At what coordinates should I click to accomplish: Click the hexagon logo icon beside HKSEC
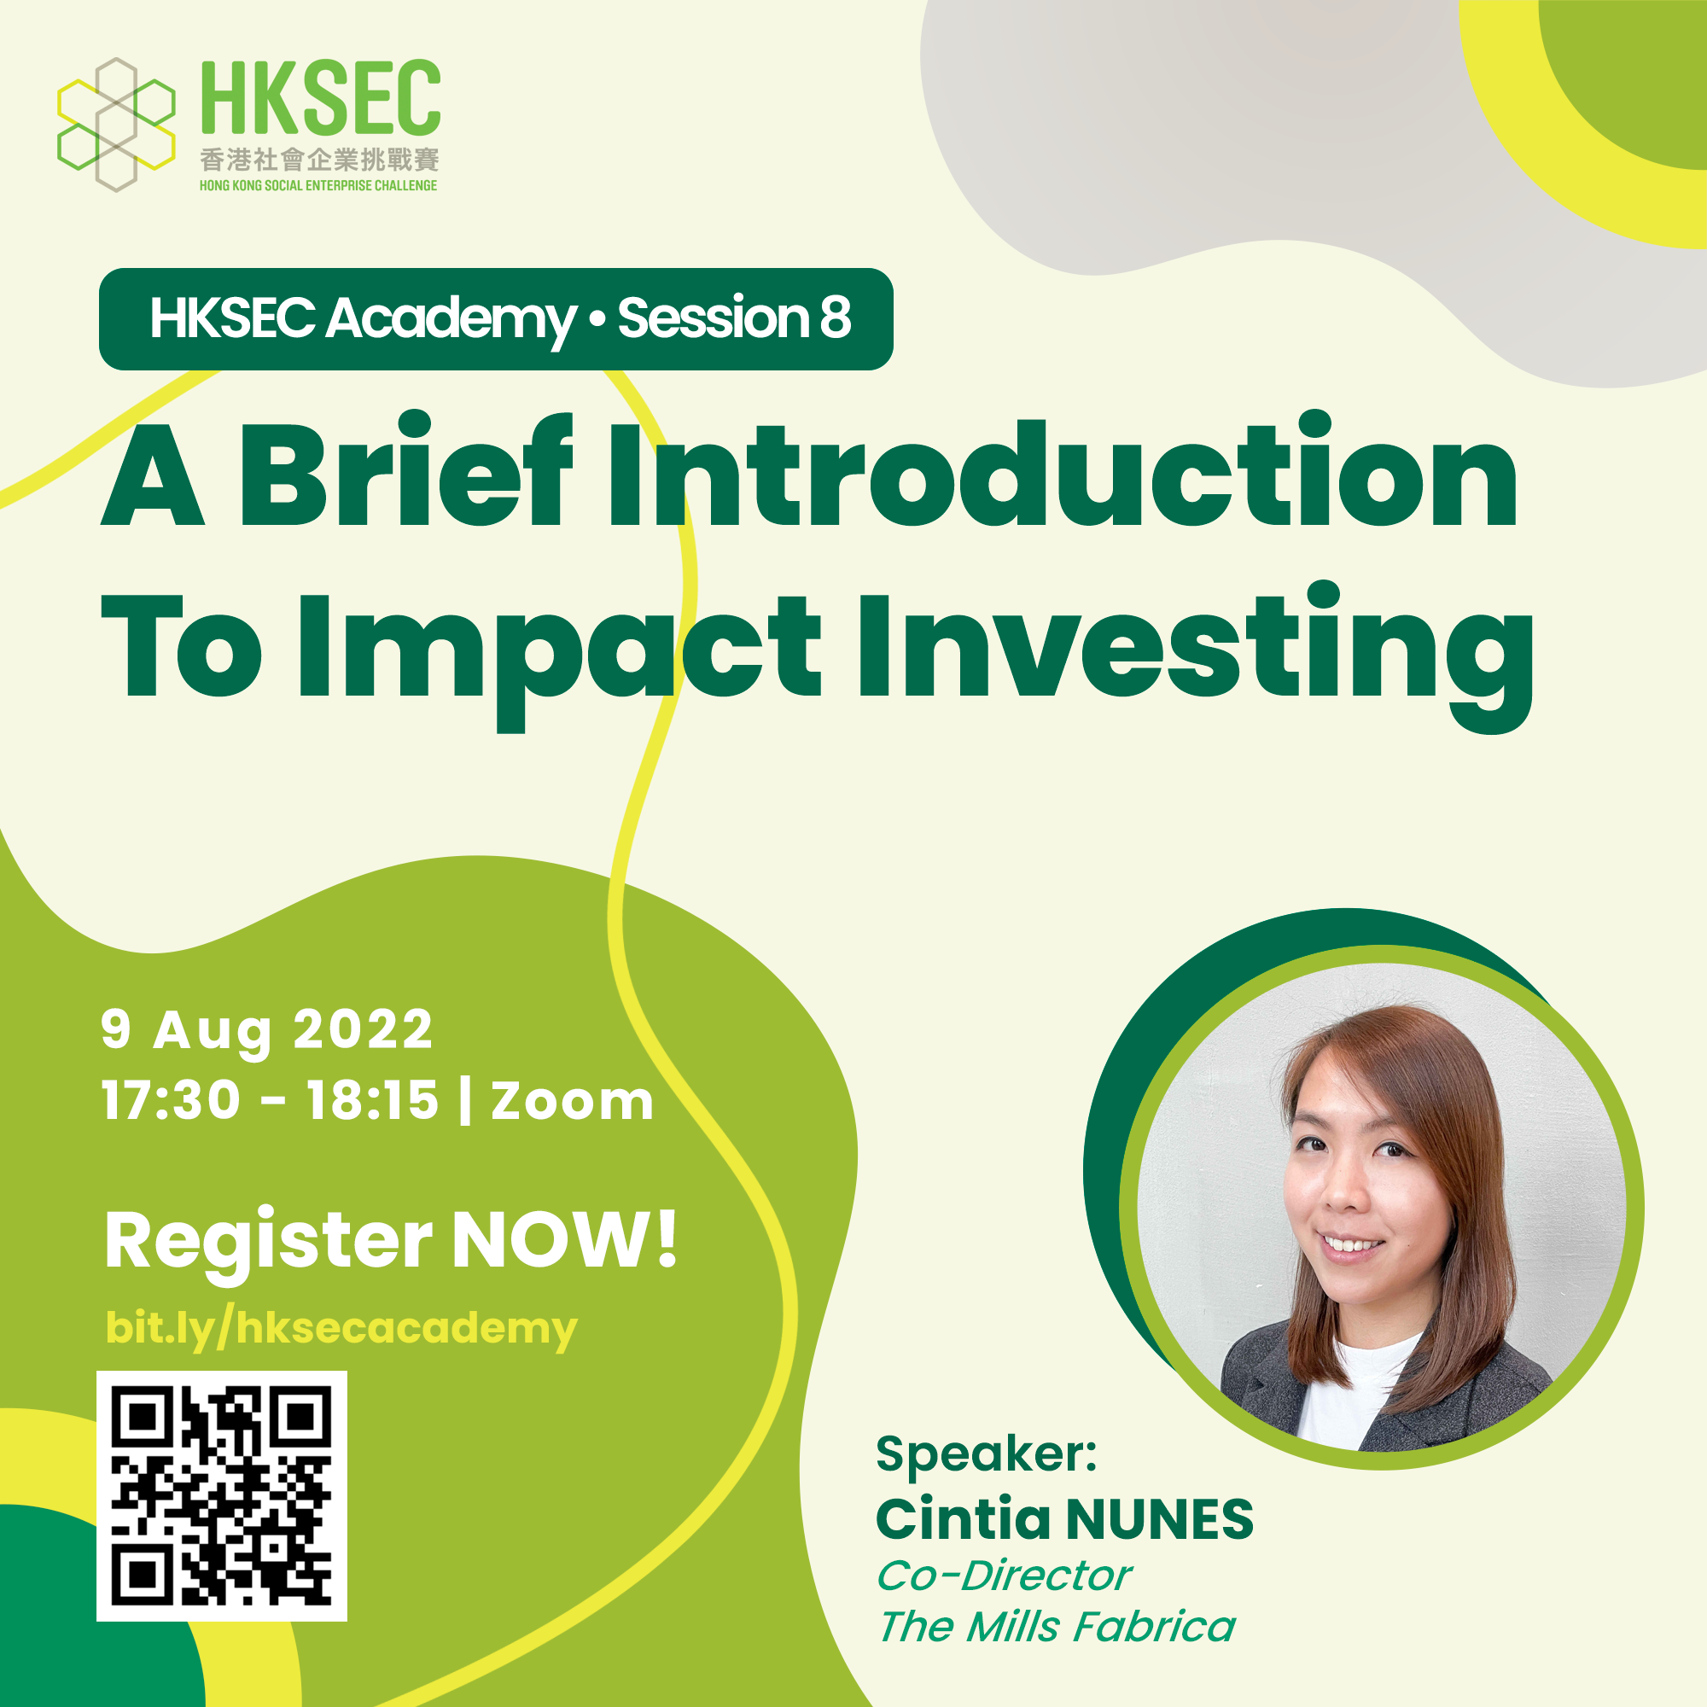point(116,125)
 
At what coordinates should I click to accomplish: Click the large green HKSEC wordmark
point(321,97)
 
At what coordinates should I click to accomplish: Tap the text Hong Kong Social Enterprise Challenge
point(318,185)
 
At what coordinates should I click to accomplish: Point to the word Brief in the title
point(405,470)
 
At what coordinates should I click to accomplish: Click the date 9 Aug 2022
point(267,1030)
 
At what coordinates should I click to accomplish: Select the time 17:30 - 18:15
point(271,1101)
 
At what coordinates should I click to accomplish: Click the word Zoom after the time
point(573,1102)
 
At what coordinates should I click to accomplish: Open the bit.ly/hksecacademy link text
point(341,1328)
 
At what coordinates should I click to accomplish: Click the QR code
point(222,1496)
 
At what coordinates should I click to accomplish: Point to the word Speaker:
point(986,1454)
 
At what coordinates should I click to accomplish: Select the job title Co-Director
point(1005,1576)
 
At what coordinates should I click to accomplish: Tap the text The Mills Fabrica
point(1057,1627)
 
